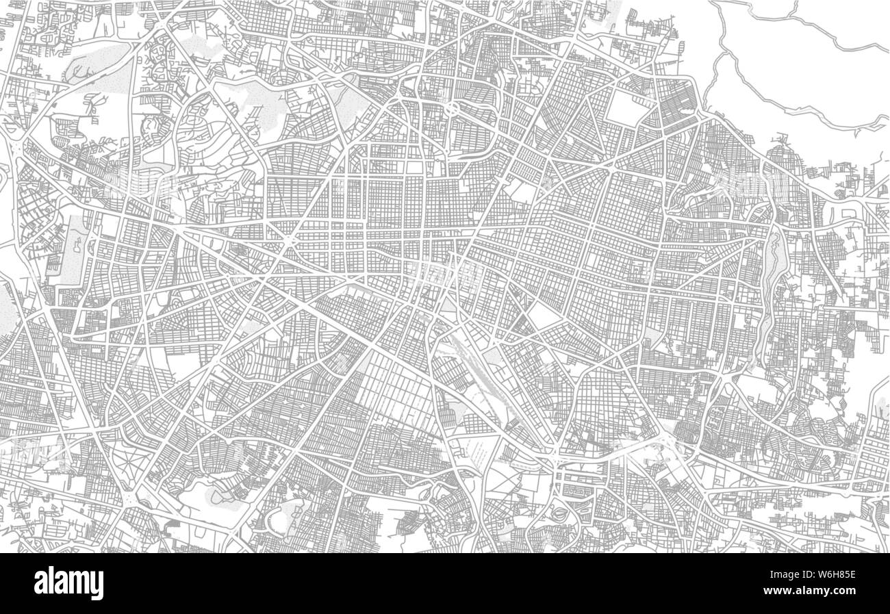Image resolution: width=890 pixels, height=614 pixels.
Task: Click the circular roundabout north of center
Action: [x=453, y=108]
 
